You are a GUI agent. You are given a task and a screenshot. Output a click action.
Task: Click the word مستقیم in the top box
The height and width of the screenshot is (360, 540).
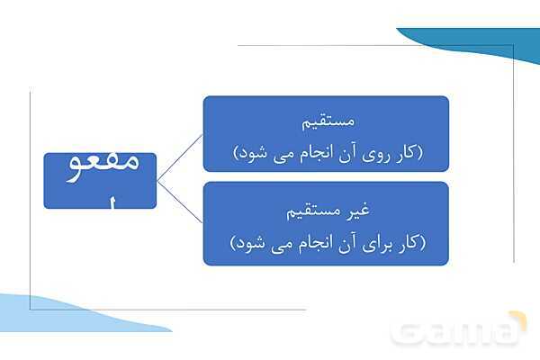pos(327,119)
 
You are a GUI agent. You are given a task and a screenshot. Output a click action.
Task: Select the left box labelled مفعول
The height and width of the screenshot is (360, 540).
pos(100,180)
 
